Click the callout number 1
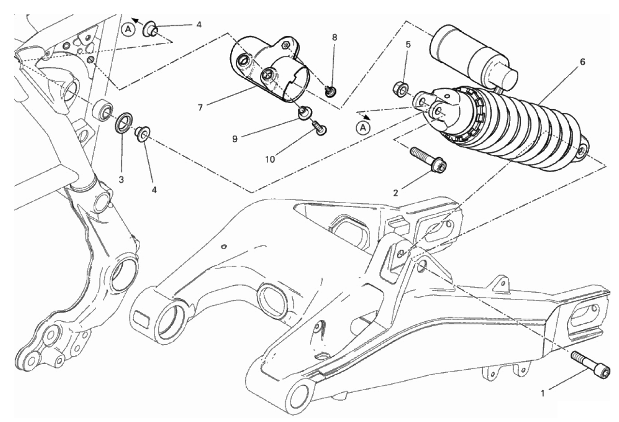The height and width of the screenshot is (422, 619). point(543,393)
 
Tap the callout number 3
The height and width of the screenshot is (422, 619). point(122,180)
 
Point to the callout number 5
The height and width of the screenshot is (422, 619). point(408,44)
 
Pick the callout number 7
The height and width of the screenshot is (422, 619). point(201,107)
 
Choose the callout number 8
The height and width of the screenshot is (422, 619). point(335,37)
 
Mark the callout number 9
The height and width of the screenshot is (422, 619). point(235,139)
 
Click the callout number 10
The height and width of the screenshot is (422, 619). point(270,159)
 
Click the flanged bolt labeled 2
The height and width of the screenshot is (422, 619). point(428,159)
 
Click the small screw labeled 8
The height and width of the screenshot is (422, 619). point(330,91)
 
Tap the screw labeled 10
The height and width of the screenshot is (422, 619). point(319,129)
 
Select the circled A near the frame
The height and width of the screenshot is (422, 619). point(128,29)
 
